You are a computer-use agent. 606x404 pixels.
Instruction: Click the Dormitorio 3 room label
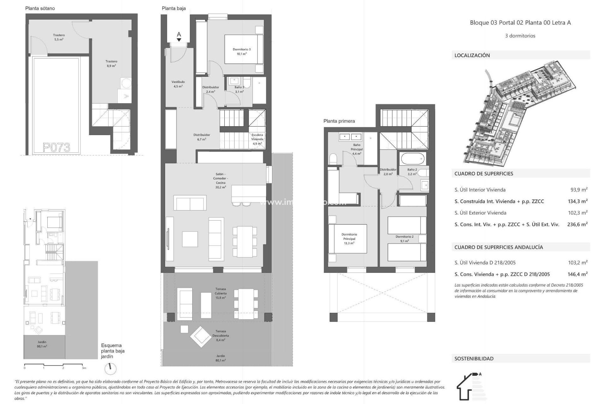241,51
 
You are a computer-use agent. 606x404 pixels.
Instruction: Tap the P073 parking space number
56,147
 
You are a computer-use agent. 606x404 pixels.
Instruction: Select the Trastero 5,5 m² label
59,37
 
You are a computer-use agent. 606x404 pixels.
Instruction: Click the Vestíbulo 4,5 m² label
178,84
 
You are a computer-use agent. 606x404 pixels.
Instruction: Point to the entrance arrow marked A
179,36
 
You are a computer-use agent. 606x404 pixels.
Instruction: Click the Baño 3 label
239,89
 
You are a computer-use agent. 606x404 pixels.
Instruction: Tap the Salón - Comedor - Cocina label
221,181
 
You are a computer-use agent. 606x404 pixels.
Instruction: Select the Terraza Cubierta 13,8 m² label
221,293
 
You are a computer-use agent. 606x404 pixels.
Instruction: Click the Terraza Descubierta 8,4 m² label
221,336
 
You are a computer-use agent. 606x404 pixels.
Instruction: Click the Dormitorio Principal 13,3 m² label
349,239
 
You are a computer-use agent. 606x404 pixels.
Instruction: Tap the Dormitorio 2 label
404,239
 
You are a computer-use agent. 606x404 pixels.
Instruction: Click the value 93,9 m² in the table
579,190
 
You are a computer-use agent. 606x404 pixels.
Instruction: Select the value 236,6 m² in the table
577,224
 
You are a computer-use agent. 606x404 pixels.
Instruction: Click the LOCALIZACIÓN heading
472,55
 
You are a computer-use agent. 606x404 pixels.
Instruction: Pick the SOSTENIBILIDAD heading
474,359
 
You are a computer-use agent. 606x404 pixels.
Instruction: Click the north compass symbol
110,368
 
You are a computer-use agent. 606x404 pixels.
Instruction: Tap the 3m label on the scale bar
84,368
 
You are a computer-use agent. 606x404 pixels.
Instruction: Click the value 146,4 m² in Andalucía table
577,274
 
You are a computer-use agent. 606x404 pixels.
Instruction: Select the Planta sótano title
40,9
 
